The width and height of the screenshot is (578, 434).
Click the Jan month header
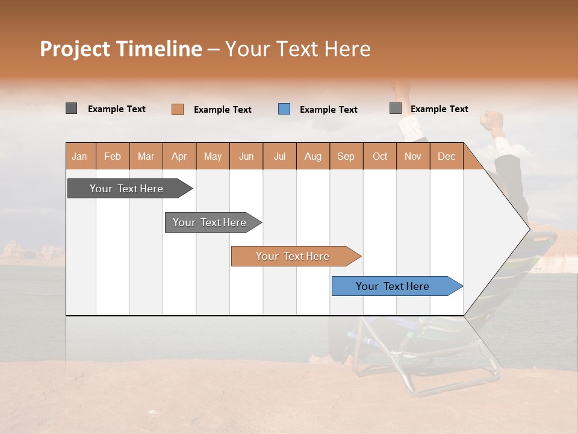(79, 156)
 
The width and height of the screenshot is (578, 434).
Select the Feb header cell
(113, 156)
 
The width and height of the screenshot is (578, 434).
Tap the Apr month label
(179, 156)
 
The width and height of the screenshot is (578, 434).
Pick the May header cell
(213, 156)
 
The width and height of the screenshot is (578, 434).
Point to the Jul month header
(279, 156)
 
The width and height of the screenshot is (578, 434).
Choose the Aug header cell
(312, 156)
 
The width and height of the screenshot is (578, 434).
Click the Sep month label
(346, 156)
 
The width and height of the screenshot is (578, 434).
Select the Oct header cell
(379, 156)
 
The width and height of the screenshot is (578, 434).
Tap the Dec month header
(446, 156)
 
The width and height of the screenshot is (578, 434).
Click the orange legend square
(177, 109)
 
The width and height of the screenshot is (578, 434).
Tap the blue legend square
(284, 109)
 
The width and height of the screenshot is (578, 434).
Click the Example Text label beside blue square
(328, 110)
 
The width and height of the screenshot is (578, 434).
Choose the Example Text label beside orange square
(222, 110)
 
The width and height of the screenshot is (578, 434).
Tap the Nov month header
(412, 156)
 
